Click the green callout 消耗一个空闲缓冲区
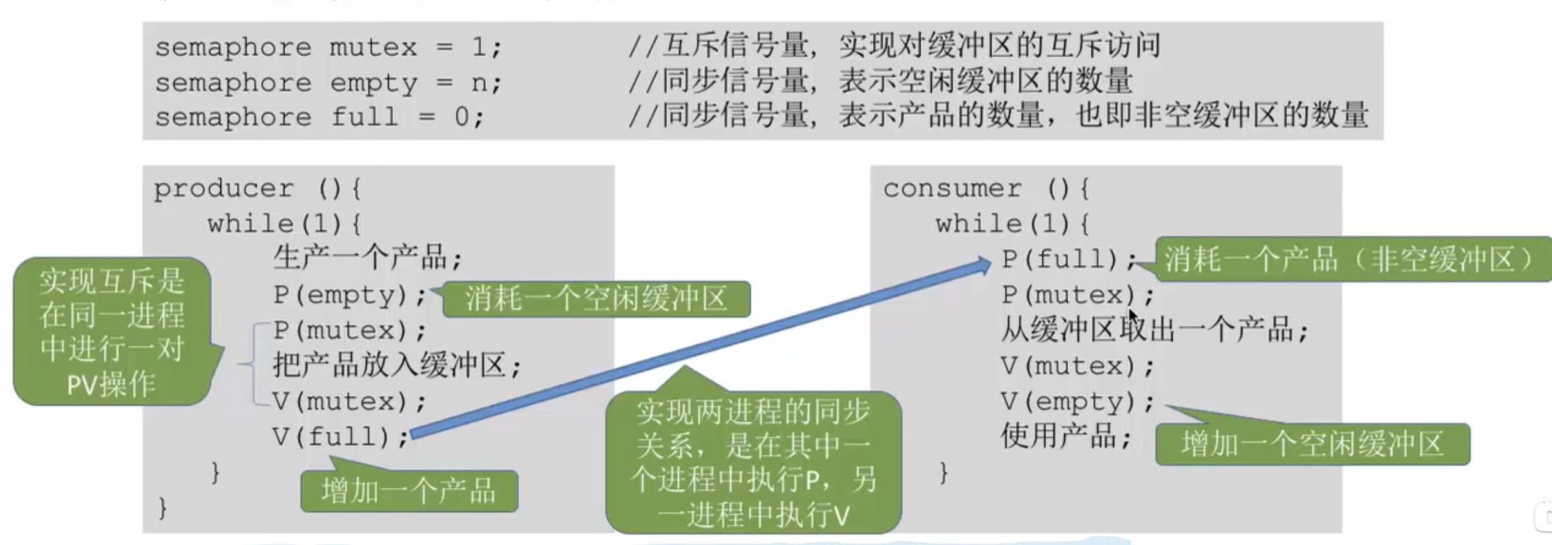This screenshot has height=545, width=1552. (x=596, y=299)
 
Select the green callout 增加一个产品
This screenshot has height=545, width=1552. (x=409, y=491)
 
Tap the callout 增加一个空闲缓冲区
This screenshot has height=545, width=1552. (x=1312, y=444)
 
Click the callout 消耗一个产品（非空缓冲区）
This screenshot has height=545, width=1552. (x=1350, y=259)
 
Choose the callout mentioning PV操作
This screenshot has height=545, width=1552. (x=112, y=332)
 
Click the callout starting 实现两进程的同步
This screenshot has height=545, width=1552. (x=753, y=462)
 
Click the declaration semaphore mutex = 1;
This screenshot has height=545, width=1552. (x=328, y=48)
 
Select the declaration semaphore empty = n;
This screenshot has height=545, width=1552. (x=328, y=83)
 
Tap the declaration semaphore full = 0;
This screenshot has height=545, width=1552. (x=319, y=117)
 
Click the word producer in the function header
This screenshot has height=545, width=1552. (x=224, y=189)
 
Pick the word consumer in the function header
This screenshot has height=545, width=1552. (x=952, y=189)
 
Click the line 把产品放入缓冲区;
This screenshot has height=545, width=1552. (x=396, y=366)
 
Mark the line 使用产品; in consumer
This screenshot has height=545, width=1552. (x=1066, y=437)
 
